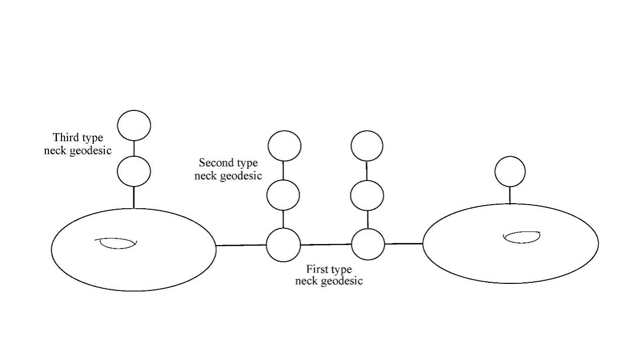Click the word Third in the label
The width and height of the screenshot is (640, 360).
tap(65, 138)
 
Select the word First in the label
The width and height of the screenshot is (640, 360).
tap(317, 269)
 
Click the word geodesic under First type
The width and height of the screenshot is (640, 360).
tap(342, 281)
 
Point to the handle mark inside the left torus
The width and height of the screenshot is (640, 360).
tap(116, 243)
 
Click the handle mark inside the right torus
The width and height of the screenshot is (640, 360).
tap(522, 236)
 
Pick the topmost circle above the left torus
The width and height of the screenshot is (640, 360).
tap(134, 125)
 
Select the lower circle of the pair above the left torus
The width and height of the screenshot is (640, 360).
tap(134, 171)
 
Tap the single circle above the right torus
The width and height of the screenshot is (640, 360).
tap(510, 171)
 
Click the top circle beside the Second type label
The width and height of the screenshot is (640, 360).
tap(284, 146)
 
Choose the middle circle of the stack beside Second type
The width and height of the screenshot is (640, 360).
tap(283, 195)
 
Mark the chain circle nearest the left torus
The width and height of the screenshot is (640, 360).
tap(283, 245)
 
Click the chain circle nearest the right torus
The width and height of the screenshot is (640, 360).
tap(368, 244)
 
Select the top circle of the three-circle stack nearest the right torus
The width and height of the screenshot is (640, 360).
tap(367, 146)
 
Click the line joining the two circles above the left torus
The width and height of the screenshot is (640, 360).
tap(134, 148)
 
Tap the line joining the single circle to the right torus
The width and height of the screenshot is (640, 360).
tap(510, 195)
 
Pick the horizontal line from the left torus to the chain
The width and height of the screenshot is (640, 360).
tap(241, 246)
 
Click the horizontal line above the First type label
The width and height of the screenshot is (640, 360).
tap(326, 245)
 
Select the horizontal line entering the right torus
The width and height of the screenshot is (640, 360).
tap(403, 244)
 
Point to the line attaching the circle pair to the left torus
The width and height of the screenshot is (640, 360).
tap(134, 197)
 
